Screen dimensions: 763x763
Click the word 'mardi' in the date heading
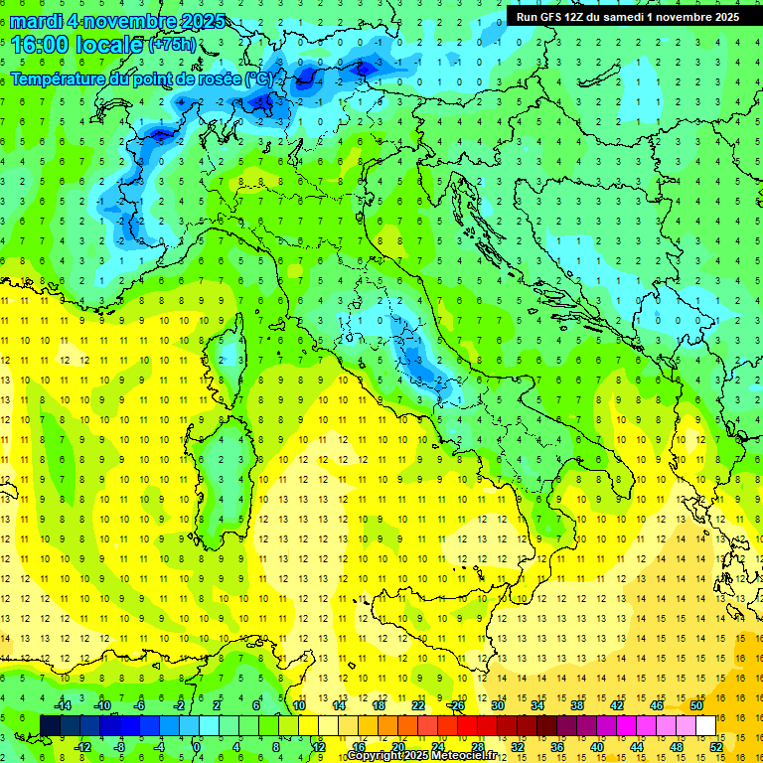(x=36, y=21)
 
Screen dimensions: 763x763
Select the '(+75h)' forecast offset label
(x=172, y=45)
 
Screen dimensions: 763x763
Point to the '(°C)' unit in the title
(x=258, y=78)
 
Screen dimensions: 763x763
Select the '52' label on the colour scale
(x=715, y=746)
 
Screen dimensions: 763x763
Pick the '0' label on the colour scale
(x=197, y=746)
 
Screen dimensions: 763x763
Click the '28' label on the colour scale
(x=477, y=746)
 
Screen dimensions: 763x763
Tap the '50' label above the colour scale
(x=695, y=705)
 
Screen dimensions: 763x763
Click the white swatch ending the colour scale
(x=705, y=725)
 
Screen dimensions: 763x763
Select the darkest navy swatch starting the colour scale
(x=50, y=725)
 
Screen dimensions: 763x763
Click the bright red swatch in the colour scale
(x=467, y=725)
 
